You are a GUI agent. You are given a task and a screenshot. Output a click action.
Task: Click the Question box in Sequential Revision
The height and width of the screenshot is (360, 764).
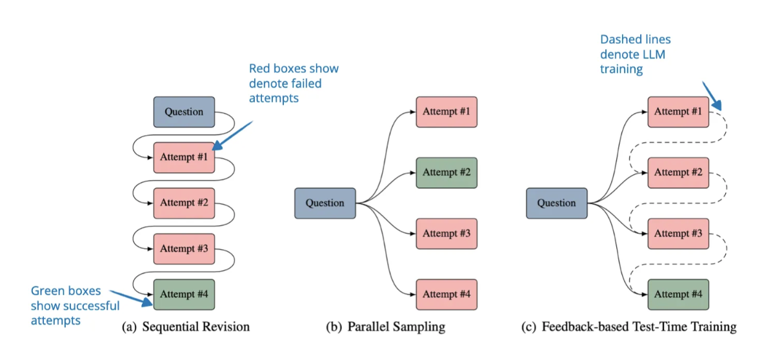tap(183, 112)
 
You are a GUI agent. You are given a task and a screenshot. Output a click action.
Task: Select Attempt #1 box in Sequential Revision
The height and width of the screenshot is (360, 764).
tap(183, 157)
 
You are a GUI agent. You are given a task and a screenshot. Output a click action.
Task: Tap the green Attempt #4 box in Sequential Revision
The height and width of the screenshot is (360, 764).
tap(183, 294)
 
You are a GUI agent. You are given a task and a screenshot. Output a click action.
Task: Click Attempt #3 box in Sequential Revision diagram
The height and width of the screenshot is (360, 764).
tap(183, 248)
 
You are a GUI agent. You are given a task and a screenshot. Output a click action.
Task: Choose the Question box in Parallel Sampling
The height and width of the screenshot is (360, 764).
tap(325, 203)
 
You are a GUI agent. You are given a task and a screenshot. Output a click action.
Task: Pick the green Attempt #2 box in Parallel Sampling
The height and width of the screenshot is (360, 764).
tap(447, 172)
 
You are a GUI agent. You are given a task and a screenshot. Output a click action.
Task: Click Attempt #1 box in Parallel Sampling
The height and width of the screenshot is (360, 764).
tap(447, 112)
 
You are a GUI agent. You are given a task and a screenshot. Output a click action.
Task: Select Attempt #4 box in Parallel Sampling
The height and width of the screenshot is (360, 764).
tap(447, 294)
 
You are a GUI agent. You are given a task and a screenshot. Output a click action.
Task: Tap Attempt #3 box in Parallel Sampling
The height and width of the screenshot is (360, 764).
tap(447, 234)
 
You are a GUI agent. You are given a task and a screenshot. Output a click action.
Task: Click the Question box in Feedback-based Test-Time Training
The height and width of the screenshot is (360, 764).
tap(556, 203)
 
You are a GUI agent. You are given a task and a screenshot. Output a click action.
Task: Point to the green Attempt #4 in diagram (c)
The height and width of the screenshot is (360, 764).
tap(678, 294)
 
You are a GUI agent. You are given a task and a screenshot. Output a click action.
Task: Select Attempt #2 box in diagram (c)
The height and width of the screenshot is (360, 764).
tap(678, 172)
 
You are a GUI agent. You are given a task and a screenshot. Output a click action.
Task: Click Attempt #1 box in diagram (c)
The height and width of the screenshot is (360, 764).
tap(678, 112)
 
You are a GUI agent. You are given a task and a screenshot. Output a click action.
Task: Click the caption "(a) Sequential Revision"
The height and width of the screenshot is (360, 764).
tap(186, 327)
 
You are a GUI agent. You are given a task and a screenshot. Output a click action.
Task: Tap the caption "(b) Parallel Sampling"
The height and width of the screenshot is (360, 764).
tap(385, 327)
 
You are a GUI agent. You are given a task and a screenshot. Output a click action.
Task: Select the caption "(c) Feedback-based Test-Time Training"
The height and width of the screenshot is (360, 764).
tap(628, 327)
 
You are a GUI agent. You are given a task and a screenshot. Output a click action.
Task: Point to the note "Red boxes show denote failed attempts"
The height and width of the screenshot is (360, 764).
tap(294, 83)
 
